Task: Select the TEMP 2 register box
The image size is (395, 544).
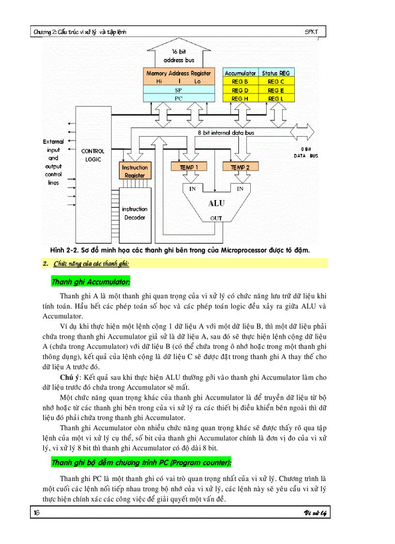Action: tap(241, 167)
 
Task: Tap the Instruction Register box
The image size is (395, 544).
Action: tap(135, 171)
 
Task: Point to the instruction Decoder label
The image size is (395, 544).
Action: tap(135, 213)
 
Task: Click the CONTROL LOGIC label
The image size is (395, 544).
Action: tap(92, 155)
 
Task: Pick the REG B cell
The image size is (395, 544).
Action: tap(240, 81)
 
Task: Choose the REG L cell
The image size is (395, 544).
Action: tap(276, 98)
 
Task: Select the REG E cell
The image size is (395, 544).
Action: tap(276, 90)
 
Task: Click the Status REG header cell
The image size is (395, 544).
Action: tap(276, 73)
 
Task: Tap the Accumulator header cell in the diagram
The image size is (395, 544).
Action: tap(240, 73)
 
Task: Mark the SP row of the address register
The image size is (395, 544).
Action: tap(178, 90)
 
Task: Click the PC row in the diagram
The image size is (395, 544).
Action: tap(178, 98)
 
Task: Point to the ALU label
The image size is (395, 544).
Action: tap(216, 203)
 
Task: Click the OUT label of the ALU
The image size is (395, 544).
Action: tap(216, 218)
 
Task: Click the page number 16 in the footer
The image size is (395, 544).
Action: tap(36, 513)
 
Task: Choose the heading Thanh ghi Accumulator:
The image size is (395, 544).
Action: tap(91, 281)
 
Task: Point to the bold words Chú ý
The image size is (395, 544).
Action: tap(70, 376)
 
